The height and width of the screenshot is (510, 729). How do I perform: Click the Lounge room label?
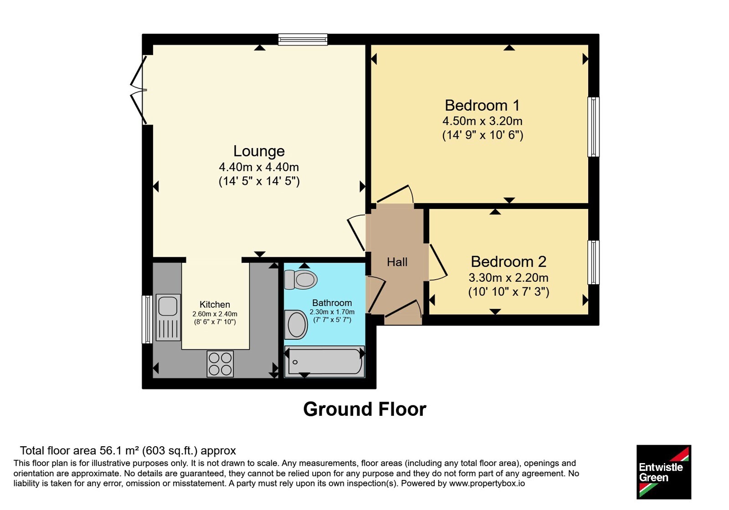[259, 151]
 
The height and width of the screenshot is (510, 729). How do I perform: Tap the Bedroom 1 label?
[483, 105]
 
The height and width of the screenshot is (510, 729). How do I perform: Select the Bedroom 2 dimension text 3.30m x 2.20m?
[508, 278]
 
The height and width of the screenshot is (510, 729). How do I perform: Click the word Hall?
[397, 262]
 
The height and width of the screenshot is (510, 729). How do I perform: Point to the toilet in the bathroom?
[300, 280]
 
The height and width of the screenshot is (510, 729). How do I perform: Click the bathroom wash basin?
[296, 325]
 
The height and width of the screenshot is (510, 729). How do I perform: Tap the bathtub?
[324, 362]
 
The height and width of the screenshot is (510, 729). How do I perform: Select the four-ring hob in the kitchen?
[220, 364]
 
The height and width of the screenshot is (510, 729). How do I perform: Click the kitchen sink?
[168, 317]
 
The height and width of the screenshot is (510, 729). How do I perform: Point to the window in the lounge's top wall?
[303, 39]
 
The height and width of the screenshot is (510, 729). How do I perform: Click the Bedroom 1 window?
[593, 127]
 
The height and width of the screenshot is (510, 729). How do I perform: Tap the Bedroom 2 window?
[593, 262]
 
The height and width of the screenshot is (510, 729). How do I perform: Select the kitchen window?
[147, 319]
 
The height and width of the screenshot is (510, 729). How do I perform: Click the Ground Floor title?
[364, 409]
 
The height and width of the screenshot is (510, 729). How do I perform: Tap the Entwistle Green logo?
[664, 472]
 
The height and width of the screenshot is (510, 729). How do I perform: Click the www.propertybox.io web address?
[487, 484]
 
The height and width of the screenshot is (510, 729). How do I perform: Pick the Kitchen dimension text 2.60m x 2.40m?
[215, 314]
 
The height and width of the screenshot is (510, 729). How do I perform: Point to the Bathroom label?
[332, 303]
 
